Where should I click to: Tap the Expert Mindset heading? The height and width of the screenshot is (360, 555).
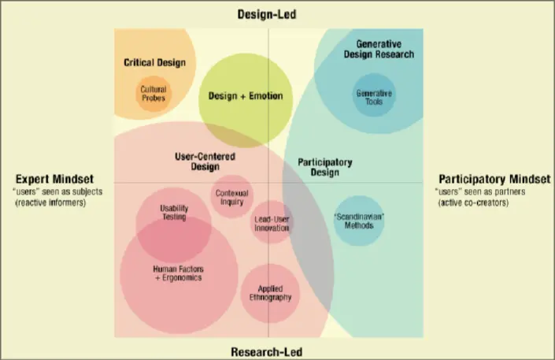[x=50, y=179]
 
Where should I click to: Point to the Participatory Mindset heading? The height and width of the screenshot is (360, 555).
[x=488, y=179]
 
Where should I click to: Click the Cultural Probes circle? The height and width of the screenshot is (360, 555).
[x=154, y=95]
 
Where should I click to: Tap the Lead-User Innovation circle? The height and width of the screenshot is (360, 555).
[x=272, y=223]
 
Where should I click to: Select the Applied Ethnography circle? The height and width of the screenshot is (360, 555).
[x=270, y=293]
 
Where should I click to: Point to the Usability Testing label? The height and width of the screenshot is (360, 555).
[x=173, y=213]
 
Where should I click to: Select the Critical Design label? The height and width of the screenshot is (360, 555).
[x=154, y=62]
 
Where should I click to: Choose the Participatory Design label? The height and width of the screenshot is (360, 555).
[x=324, y=166]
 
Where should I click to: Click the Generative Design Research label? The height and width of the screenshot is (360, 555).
[x=379, y=49]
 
